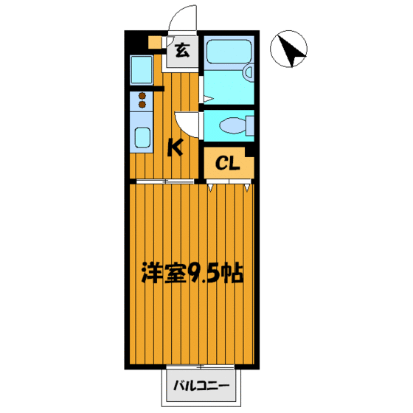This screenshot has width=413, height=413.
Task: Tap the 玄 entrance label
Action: click(x=181, y=51)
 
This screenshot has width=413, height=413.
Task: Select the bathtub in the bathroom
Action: click(x=228, y=54)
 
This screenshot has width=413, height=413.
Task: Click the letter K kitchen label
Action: click(x=175, y=147)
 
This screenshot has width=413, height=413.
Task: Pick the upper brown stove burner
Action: click(x=142, y=95)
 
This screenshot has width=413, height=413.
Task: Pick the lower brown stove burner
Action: click(x=142, y=105)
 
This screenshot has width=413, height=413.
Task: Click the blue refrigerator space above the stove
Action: click(x=141, y=70)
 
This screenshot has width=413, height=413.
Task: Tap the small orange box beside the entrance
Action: click(x=153, y=43)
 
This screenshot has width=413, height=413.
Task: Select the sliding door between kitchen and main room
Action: click(x=166, y=181)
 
